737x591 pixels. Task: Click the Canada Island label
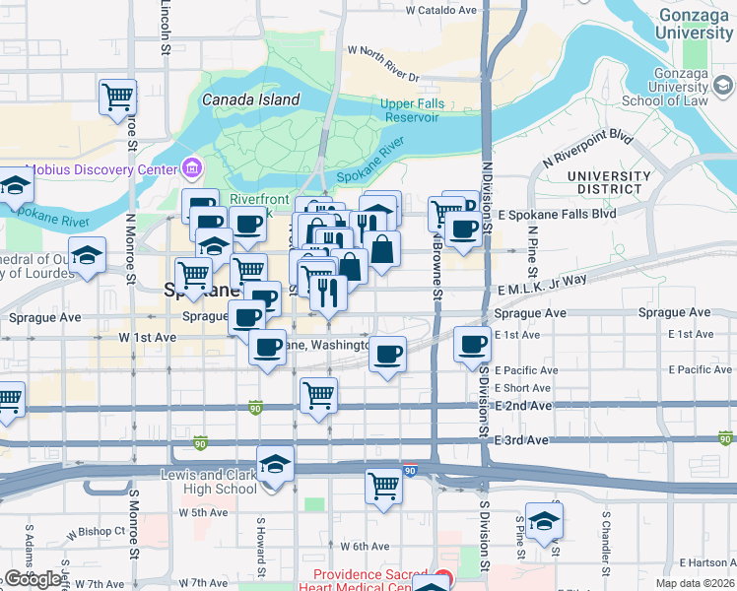coord(250,99)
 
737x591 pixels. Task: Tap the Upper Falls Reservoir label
coord(411,110)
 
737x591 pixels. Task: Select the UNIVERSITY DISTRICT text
coord(609,183)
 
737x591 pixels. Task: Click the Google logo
coord(33,579)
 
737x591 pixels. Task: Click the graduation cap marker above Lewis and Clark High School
coord(275,462)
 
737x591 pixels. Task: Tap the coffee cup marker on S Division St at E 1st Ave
coord(473,345)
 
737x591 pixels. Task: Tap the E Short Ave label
coord(522,388)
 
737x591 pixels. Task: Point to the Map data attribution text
coord(696,583)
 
